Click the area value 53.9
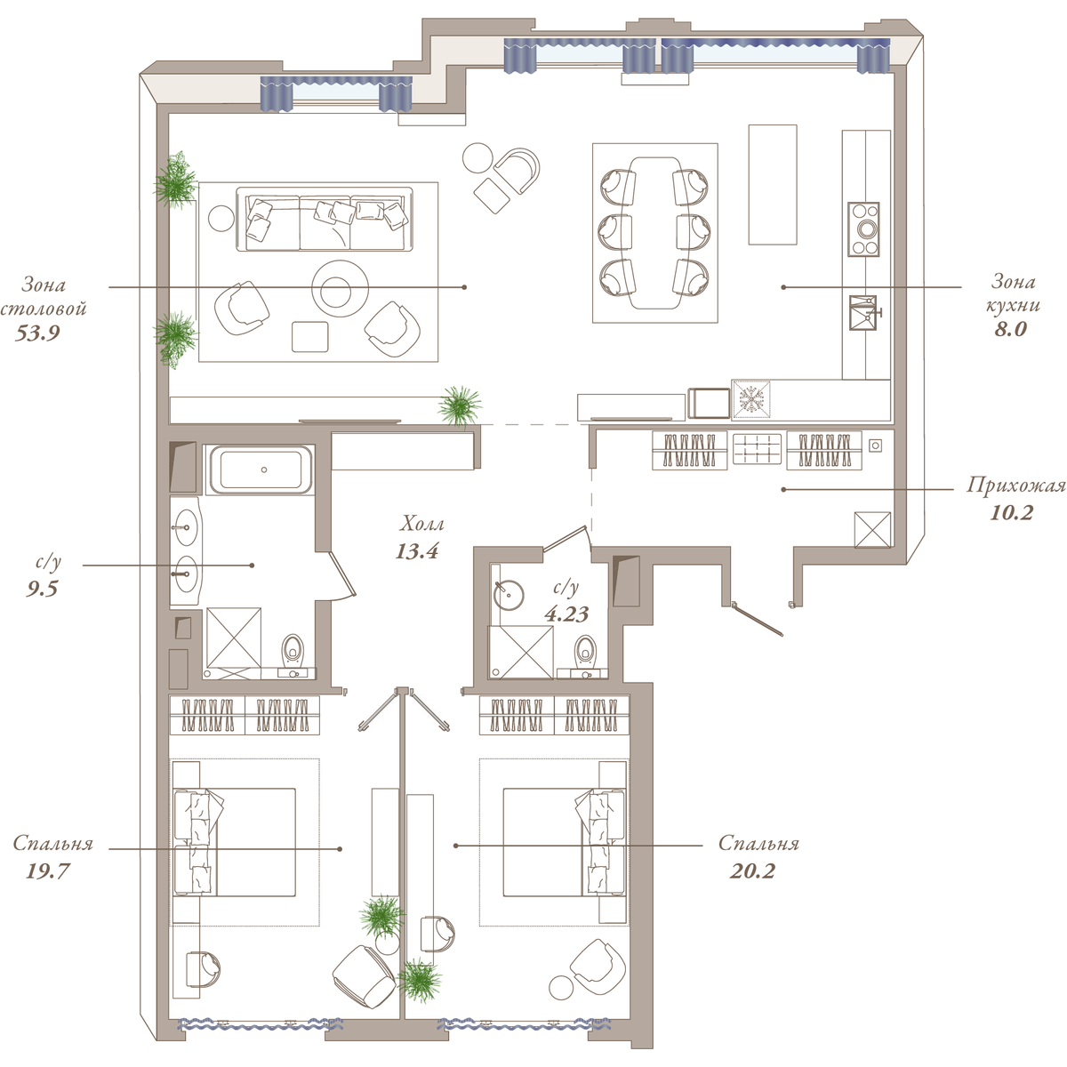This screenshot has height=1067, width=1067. click(x=37, y=333)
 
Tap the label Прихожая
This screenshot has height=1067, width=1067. click(x=1015, y=485)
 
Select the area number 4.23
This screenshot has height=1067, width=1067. click(x=566, y=614)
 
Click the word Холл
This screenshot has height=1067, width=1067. click(x=422, y=523)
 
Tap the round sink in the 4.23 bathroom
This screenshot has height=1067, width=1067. click(x=509, y=595)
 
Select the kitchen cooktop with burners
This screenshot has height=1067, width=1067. click(x=863, y=229)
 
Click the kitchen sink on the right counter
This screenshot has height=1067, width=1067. click(x=862, y=313)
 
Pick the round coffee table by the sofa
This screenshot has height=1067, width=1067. click(x=340, y=288)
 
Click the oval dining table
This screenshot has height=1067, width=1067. click(x=655, y=233)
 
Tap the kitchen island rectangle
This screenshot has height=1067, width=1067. click(x=773, y=184)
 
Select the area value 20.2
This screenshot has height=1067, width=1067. click(x=752, y=871)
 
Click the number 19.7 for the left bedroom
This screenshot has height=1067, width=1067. click(x=47, y=871)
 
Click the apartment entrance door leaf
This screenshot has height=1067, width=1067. click(x=758, y=619)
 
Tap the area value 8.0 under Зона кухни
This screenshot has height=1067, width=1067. click(x=1010, y=329)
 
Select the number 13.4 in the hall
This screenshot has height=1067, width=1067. click(x=417, y=551)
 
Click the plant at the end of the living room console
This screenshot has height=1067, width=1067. click(x=460, y=405)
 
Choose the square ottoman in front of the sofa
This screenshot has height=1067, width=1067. click(x=310, y=337)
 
